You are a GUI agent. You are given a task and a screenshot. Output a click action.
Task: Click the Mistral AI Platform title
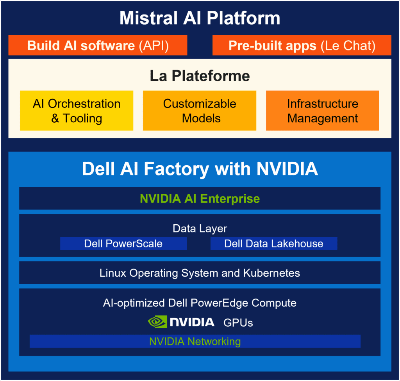coord(200,18)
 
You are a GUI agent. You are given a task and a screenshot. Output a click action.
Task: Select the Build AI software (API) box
coord(98,45)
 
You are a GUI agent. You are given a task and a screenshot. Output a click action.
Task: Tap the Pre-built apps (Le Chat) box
coord(302,45)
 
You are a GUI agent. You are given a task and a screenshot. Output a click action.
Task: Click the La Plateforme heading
coord(200,76)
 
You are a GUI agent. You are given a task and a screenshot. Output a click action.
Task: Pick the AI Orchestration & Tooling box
coord(77,111)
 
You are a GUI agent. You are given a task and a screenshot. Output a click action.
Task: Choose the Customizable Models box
coord(200,111)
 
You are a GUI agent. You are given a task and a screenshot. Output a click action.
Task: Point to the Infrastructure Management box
coord(322,111)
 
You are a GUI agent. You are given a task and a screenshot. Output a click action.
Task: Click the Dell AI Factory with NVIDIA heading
coord(200,169)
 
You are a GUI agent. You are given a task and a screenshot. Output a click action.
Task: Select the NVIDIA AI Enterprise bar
coord(200,199)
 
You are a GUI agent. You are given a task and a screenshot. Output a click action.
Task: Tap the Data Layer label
coord(200,228)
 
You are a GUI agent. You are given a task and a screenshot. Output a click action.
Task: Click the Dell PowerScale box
coord(123,243)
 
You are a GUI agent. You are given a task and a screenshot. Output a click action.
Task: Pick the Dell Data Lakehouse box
coord(274,243)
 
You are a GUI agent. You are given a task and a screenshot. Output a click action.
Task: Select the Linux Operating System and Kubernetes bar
coord(200,272)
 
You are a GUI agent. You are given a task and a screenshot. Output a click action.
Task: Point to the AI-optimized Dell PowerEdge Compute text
coord(200,303)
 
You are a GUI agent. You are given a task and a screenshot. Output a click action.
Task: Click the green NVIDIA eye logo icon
coord(157,322)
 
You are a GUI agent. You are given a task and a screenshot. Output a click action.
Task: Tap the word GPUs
coord(238,323)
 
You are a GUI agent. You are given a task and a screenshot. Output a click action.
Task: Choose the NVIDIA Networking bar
coord(195,341)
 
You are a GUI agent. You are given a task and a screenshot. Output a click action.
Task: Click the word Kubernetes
coord(271,273)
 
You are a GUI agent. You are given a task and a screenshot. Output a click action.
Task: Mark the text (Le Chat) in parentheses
coord(348,46)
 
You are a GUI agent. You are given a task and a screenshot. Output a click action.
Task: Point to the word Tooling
coord(82,118)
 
